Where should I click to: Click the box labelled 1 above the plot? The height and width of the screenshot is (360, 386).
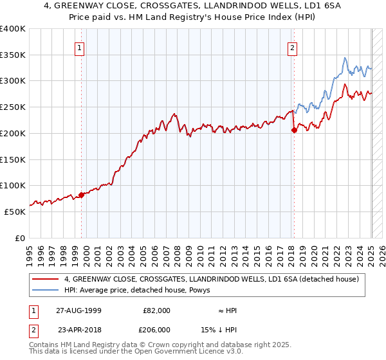point(79,47)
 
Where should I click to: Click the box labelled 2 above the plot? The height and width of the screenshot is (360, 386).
point(292,47)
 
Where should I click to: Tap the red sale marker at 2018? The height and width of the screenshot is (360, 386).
point(294,130)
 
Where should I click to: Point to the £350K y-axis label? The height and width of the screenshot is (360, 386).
point(13,55)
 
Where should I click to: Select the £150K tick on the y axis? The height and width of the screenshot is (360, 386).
point(13,159)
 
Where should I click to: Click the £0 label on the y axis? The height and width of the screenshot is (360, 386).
point(20,238)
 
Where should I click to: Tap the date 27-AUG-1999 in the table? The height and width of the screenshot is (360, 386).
point(79,310)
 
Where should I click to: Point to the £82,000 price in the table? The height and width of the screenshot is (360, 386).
point(156,310)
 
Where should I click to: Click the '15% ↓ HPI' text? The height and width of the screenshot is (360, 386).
point(219,329)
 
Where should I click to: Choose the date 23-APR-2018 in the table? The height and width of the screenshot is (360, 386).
point(79,329)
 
